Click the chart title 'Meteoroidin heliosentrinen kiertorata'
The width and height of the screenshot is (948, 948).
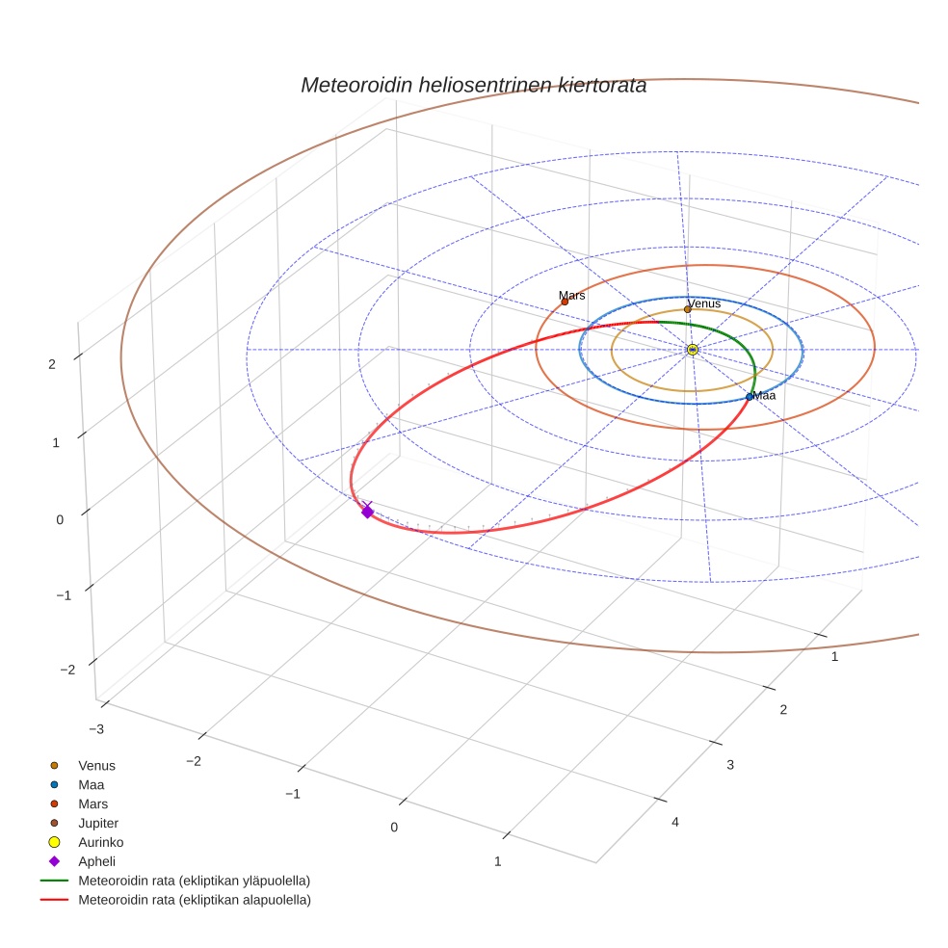point(473,85)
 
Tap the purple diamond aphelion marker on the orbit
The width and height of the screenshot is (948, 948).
point(367,512)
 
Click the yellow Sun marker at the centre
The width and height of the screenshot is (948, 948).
point(693,349)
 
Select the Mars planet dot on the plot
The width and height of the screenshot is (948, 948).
point(565,303)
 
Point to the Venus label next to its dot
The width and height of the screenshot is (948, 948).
point(704,304)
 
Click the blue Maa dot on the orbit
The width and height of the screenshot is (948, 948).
point(750,397)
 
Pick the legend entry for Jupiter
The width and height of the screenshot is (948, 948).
point(97,823)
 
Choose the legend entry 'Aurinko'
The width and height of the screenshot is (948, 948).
point(100,842)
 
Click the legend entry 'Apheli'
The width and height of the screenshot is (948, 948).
point(96,861)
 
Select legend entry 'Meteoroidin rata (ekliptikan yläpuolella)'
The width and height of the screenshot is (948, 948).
point(194,881)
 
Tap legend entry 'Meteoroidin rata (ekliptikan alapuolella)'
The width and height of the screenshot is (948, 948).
point(195,900)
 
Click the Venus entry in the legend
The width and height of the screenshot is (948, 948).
point(96,766)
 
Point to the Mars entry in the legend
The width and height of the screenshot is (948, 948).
point(92,803)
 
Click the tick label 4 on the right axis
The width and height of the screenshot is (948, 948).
point(674,822)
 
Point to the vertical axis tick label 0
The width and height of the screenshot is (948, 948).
point(60,519)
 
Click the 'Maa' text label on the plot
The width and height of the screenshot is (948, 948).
point(765,396)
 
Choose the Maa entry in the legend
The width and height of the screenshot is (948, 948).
point(92,785)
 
